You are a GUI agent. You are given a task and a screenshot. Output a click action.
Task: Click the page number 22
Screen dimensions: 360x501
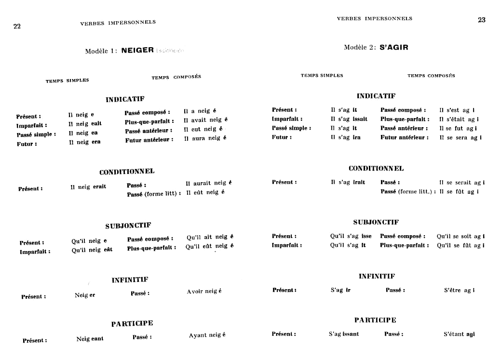point(17,27)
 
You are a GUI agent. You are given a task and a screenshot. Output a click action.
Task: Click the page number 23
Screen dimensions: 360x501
point(481,20)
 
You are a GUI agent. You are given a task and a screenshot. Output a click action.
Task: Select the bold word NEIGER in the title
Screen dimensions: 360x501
point(137,50)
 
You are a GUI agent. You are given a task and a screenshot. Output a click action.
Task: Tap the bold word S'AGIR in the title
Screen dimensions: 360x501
point(394,47)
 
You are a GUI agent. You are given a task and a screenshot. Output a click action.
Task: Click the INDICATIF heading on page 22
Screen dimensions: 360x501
point(125,99)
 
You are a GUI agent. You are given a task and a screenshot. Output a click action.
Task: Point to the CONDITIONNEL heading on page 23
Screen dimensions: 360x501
point(376,169)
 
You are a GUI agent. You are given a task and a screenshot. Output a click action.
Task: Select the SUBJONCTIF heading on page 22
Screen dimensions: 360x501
point(128,226)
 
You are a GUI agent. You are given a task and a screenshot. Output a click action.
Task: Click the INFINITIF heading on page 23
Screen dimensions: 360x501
point(377,276)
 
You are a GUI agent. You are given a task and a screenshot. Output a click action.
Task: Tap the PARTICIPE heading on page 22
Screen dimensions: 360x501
point(132,324)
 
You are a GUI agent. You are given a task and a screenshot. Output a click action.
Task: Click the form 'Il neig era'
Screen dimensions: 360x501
point(85,142)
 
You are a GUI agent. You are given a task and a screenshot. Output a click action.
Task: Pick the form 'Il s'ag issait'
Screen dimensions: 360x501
point(349,119)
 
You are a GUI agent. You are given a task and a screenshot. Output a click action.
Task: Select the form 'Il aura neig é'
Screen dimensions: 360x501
point(205,138)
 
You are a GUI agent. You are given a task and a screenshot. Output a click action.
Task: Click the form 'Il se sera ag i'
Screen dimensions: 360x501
point(460,137)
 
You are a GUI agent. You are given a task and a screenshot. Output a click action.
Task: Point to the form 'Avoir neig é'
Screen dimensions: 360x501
point(204,292)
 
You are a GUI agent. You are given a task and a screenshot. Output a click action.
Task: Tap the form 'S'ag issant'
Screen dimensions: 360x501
point(344,334)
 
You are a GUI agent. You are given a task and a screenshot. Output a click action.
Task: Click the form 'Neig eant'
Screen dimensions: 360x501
point(90,339)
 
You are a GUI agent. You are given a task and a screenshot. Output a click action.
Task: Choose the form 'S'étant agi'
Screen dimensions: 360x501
point(459,334)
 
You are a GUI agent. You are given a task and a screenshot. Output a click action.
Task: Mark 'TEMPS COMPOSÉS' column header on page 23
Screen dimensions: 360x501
point(431,76)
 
